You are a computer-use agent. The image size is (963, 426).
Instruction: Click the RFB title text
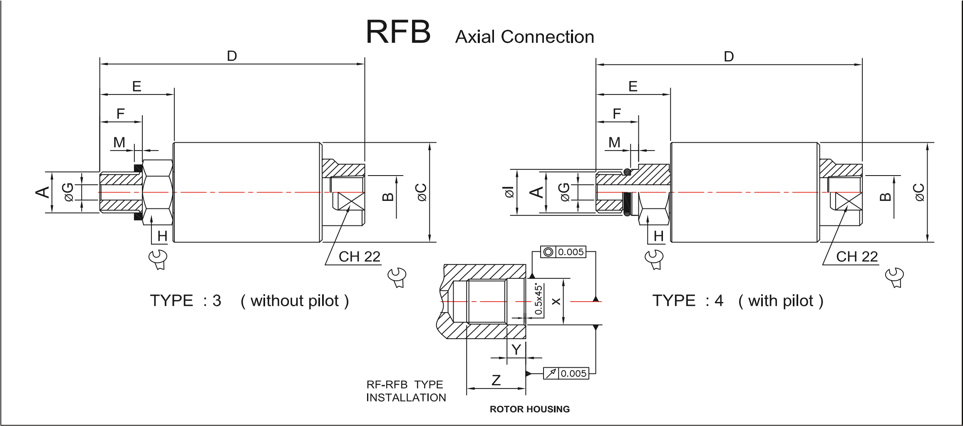(x=398, y=32)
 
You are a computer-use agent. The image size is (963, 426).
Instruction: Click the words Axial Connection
(x=524, y=37)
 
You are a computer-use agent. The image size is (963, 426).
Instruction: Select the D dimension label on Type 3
(x=232, y=56)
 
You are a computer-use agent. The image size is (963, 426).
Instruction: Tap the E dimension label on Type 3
(x=137, y=87)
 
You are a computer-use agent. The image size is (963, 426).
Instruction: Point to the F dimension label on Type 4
(x=617, y=114)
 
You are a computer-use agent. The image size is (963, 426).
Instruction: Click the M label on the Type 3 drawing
(x=119, y=143)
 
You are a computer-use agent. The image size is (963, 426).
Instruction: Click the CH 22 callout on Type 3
(x=359, y=257)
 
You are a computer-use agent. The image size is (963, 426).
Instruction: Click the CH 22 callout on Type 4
(x=857, y=257)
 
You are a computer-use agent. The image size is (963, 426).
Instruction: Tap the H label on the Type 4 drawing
(x=658, y=236)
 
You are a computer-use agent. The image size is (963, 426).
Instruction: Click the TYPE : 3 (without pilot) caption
(x=249, y=300)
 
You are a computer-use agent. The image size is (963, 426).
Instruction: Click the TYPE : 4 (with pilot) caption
(x=737, y=300)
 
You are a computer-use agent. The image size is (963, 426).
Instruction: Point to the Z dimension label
(x=496, y=380)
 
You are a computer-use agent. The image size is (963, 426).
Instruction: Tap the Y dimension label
(x=516, y=350)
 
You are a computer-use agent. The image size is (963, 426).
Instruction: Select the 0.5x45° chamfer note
(x=539, y=300)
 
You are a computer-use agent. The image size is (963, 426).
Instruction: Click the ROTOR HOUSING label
(x=529, y=409)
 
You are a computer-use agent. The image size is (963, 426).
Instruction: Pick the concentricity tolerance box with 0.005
(x=563, y=252)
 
